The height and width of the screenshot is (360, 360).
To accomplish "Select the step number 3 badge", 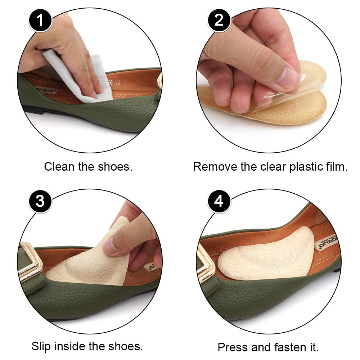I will (40, 201).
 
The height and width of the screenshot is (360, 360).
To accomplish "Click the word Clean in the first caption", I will (59, 167).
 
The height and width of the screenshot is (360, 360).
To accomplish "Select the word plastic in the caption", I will (301, 167).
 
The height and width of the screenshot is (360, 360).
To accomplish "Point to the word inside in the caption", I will (74, 346).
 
